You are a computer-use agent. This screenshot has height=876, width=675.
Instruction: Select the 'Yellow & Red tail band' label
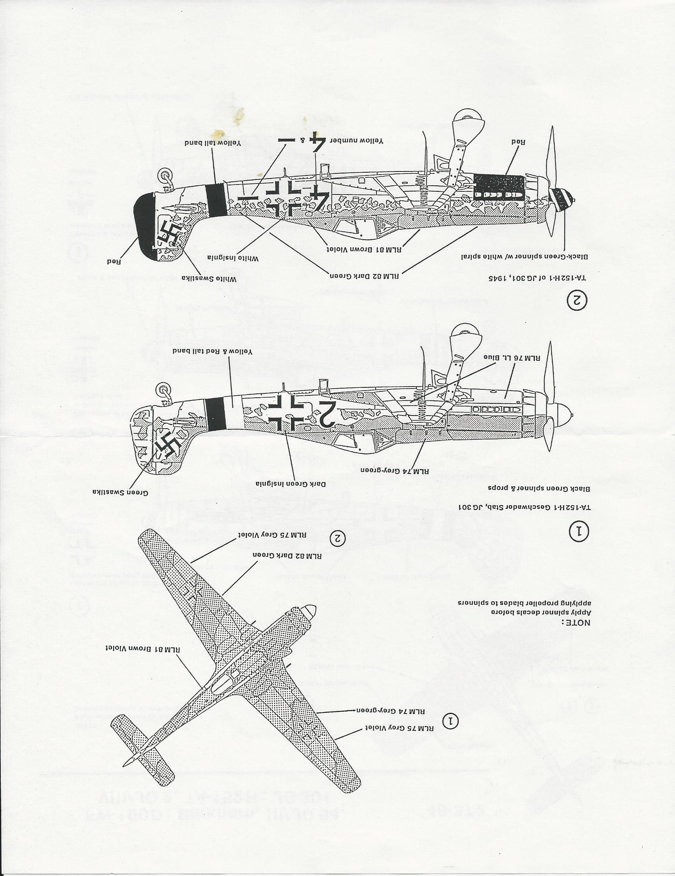[x=212, y=351]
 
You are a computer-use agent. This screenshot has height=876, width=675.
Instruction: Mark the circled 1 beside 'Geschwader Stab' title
[x=579, y=532]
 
